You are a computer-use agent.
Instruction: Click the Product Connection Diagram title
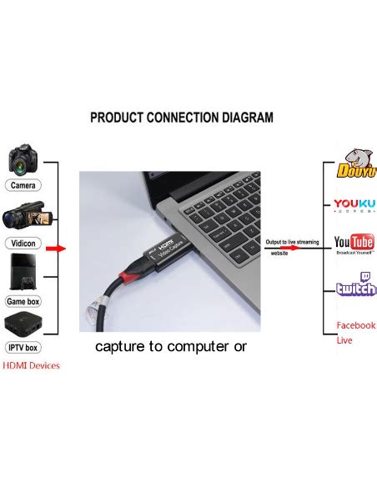181,118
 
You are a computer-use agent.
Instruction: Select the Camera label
25,184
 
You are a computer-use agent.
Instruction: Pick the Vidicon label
25,242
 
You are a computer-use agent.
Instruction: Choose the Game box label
25,300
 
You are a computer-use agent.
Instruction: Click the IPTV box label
25,347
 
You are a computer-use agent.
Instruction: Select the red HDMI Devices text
31,365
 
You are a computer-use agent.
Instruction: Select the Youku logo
354,203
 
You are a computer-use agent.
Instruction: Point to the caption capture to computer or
170,346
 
